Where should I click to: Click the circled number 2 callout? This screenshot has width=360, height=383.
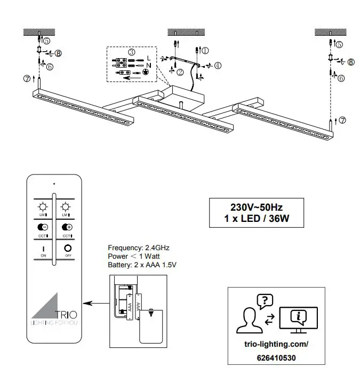click(180, 71)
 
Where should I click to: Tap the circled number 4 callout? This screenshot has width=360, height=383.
click(218, 66)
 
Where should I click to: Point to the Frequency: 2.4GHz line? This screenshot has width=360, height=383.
click(139, 248)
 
